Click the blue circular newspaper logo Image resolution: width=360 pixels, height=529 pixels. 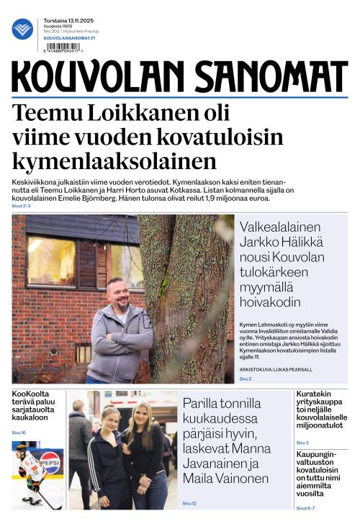click(x=22, y=30)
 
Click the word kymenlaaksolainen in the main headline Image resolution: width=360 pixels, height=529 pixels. click(x=114, y=160)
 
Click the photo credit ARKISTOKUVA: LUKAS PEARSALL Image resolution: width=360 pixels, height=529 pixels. click(x=277, y=369)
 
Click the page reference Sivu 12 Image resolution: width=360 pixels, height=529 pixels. click(x=189, y=503)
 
